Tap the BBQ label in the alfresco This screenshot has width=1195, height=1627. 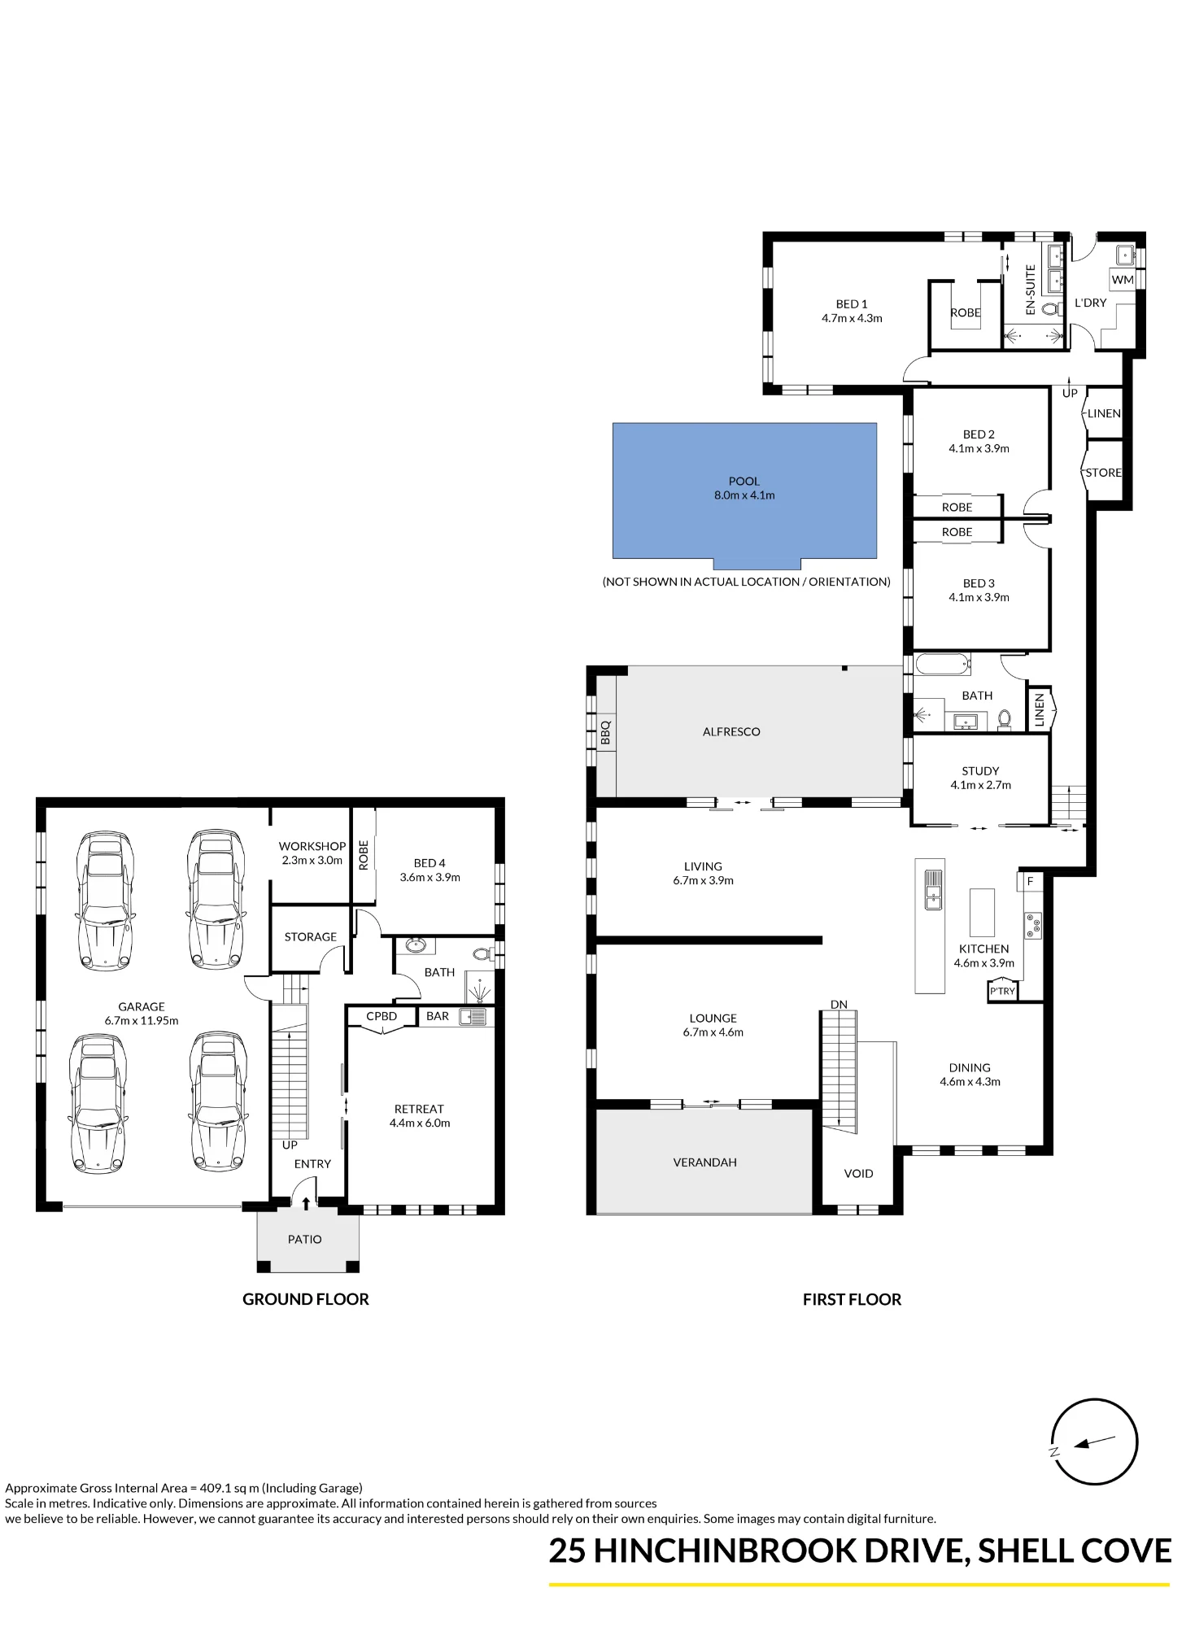605,732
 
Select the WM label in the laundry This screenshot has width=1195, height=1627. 1123,280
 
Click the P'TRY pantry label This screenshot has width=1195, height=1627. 1002,991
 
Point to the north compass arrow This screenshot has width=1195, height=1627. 1095,1442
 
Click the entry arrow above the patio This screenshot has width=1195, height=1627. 306,1203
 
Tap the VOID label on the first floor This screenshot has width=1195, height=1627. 858,1173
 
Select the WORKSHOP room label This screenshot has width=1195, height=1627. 312,846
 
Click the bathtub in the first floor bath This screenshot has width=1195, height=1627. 943,664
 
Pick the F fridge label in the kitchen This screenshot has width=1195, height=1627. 1030,881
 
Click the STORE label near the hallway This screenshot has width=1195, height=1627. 1104,473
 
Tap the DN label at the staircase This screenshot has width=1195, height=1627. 839,1005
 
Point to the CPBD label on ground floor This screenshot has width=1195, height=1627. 382,1016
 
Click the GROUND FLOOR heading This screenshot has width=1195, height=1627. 306,1299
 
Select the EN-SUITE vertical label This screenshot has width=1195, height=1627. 1031,290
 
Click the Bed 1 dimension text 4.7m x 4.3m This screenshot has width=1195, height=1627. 852,318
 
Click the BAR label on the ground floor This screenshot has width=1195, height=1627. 438,1016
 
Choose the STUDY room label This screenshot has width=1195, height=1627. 980,770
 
